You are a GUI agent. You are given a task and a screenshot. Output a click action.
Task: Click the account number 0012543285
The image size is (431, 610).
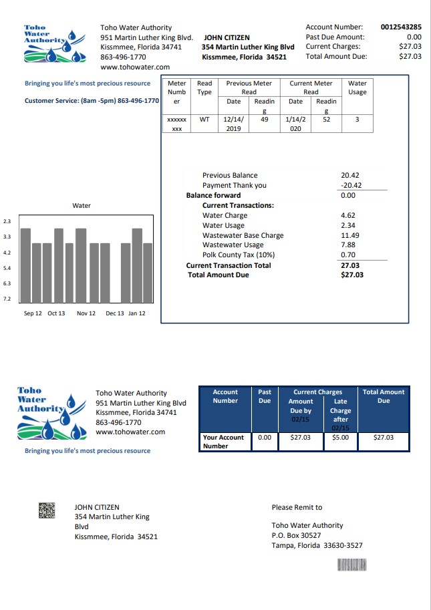click(x=401, y=27)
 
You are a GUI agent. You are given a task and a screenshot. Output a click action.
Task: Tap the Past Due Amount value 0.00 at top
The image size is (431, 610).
click(x=414, y=37)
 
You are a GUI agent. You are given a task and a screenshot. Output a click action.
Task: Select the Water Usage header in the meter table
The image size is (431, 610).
click(x=357, y=88)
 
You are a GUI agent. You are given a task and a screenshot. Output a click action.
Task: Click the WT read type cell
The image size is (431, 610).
click(x=204, y=120)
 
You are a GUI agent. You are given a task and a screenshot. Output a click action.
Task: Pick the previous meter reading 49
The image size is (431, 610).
click(x=264, y=120)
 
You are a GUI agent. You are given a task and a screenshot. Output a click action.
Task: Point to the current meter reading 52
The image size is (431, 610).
click(x=326, y=120)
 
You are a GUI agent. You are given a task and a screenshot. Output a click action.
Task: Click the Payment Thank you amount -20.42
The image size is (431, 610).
click(x=351, y=186)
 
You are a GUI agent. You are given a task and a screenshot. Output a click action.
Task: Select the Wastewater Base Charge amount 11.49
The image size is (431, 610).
click(x=350, y=235)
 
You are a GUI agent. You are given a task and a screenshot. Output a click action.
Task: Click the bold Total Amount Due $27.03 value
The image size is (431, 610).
click(x=351, y=275)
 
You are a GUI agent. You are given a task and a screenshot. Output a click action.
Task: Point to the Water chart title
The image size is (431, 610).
click(x=82, y=206)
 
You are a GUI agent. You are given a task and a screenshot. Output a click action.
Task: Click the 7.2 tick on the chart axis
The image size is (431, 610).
click(x=7, y=299)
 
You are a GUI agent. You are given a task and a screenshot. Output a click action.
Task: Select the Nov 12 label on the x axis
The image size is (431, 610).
click(x=86, y=313)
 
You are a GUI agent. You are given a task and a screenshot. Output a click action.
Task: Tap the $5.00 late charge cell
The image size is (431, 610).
click(x=340, y=438)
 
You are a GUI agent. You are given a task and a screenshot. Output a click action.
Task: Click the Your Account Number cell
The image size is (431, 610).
click(x=224, y=442)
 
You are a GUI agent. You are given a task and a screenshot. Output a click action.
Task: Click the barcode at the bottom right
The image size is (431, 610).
click(x=353, y=565)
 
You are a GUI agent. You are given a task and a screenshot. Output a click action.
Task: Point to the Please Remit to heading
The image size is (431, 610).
click(x=297, y=508)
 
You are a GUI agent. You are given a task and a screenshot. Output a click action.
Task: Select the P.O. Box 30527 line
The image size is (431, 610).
click(x=296, y=535)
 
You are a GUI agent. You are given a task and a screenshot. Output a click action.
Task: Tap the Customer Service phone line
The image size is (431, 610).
click(x=92, y=101)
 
